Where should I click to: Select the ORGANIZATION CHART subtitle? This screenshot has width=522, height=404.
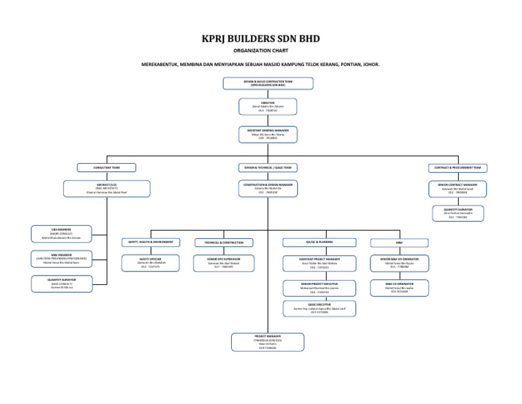click(x=260, y=51)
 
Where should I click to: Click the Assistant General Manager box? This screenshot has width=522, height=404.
click(x=268, y=135)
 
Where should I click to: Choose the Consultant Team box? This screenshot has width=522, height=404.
click(x=106, y=167)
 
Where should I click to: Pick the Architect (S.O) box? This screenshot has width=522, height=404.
click(x=106, y=188)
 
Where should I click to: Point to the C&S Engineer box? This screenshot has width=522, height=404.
click(x=60, y=234)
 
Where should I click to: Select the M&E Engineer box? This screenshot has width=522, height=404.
click(x=60, y=259)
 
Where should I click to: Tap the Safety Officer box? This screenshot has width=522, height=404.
click(x=150, y=263)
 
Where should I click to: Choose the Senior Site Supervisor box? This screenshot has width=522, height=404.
click(x=223, y=263)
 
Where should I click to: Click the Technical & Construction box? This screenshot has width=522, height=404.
click(x=223, y=242)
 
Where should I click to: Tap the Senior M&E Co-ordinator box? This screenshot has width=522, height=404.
click(x=399, y=263)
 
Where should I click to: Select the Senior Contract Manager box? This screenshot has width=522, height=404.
click(x=457, y=188)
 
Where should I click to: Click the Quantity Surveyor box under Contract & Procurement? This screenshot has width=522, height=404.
click(x=457, y=214)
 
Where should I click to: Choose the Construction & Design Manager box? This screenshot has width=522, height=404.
click(x=268, y=188)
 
